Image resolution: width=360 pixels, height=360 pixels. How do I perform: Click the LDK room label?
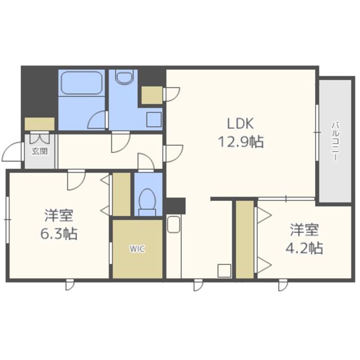point(240,124)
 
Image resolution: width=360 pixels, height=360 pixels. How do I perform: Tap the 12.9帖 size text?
point(241,142)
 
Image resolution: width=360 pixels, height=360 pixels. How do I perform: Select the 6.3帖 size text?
point(58,234)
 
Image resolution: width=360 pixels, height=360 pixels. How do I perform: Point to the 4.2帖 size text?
point(304,248)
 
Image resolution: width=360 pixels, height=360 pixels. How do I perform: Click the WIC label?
point(137,249)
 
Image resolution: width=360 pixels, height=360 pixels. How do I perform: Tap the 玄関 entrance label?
point(40,151)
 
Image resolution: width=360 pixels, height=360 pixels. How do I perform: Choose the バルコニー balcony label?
point(335,141)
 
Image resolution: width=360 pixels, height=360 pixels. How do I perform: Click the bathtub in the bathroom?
point(82,83)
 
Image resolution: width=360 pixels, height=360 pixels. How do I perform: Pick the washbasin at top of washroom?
point(124,76)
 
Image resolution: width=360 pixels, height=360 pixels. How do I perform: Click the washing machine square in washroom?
point(154,119)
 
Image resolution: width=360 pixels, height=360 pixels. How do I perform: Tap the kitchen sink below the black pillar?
point(174,224)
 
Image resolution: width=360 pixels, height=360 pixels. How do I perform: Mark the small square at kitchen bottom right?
point(224,271)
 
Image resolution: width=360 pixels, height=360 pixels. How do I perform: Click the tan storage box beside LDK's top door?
point(152,95)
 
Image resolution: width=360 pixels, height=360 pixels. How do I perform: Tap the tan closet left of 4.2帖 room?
point(245,240)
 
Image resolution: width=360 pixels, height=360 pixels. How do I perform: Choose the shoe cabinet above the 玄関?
point(39,124)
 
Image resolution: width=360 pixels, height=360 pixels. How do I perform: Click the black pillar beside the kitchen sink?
point(175,206)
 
